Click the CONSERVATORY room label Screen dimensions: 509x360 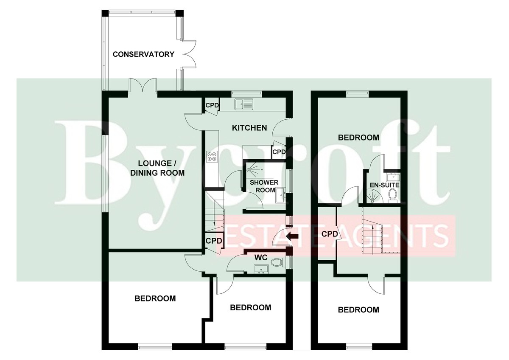click(x=143, y=54)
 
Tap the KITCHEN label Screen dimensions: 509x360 click(x=249, y=128)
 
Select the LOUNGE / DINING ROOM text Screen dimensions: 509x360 click(x=157, y=168)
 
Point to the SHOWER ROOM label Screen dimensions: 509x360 click(x=264, y=186)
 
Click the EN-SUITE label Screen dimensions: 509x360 click(x=384, y=185)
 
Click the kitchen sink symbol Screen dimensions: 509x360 click(x=244, y=104)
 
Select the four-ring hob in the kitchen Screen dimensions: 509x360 click(x=212, y=157)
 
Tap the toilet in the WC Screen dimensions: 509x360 click(x=278, y=263)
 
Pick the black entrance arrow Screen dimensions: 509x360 click(x=292, y=236)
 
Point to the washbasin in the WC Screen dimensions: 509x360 click(x=261, y=269)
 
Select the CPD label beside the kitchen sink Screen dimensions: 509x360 click(x=212, y=105)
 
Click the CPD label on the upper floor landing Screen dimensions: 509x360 click(x=330, y=234)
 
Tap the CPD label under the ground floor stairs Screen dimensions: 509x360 click(x=214, y=241)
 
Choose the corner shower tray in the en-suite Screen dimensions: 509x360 click(x=373, y=196)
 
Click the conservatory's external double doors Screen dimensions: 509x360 click(x=189, y=54)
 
